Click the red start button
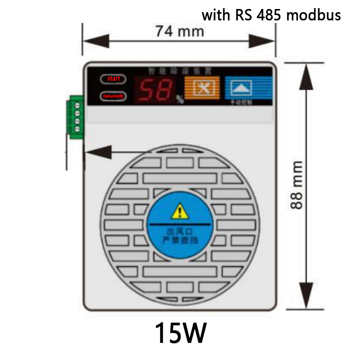pos(113,79)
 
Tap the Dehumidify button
pos(113,96)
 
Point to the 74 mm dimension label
pos(179,31)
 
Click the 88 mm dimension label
pos(297,184)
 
